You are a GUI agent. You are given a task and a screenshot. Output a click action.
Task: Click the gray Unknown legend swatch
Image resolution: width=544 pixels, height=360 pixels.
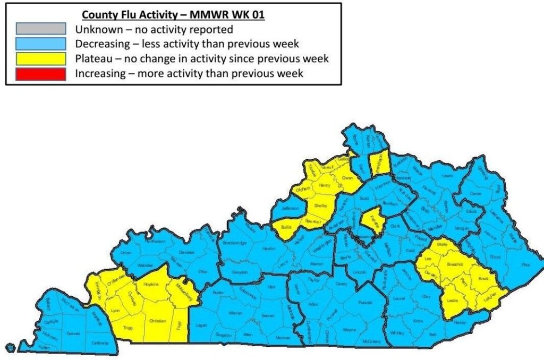coord(41,29)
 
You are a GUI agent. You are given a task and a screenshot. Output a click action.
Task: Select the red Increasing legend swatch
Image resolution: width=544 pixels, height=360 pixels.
coord(41,73)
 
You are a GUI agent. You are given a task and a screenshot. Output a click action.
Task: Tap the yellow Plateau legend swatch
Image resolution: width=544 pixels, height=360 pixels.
coord(41,58)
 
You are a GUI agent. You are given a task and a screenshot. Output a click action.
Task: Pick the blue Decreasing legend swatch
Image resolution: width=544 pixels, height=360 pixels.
coord(41,44)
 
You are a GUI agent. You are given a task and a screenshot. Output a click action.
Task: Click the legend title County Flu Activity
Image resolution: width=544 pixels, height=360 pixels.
coord(173,15)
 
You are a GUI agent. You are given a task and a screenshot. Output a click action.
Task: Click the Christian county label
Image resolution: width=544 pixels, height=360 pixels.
coord(157,321)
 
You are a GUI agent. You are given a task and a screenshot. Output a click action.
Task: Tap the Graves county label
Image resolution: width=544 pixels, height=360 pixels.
coord(73,334)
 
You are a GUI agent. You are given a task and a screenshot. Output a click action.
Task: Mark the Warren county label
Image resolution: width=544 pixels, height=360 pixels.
coord(235,313)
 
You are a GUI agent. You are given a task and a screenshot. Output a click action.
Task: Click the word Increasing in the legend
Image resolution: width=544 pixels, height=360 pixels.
coord(103,73)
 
